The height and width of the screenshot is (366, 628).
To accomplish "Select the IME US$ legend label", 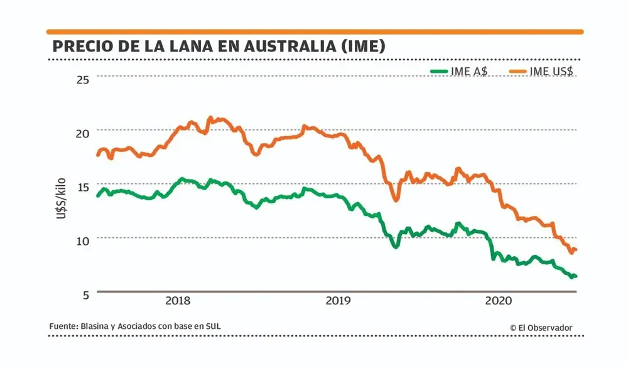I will click(x=551, y=72).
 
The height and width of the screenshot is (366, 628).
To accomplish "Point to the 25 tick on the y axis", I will click(x=83, y=78).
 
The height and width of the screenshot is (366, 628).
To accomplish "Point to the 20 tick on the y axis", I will click(x=83, y=132).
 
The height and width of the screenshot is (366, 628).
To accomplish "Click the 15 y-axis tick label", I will click(x=83, y=186).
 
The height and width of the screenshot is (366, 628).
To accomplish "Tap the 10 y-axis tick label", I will click(x=83, y=240).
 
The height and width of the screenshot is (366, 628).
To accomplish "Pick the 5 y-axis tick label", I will click(x=86, y=293).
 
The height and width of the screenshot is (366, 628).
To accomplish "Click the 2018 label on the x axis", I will click(x=178, y=301).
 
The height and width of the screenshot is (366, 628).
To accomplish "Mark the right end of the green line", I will click(x=576, y=276).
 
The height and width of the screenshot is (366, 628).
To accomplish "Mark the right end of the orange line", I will click(x=576, y=250).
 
